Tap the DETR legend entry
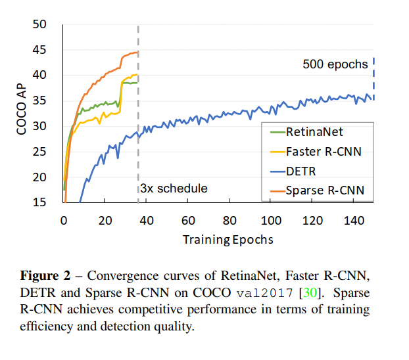pos(302,171)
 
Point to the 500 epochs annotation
pos(335,64)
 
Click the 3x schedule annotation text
pos(174,189)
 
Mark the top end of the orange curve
pos(137,52)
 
